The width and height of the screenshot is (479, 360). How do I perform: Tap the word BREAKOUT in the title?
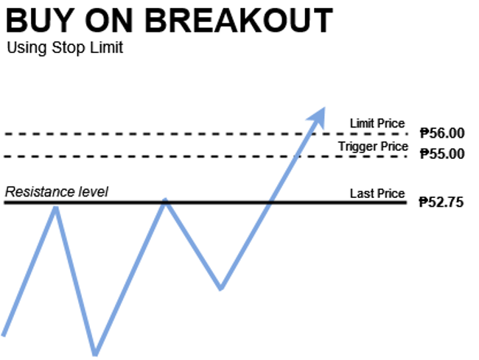(239, 21)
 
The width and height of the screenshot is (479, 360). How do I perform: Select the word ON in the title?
(109, 21)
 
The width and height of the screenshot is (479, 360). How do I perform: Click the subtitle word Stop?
(69, 48)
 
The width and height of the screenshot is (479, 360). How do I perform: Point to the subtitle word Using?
(27, 49)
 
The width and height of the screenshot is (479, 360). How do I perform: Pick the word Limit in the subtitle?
(106, 48)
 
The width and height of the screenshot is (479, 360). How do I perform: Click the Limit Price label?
(377, 124)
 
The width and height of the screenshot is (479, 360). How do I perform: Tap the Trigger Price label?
(373, 147)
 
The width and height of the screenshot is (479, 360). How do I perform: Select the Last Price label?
(377, 194)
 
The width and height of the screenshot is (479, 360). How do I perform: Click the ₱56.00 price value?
(442, 133)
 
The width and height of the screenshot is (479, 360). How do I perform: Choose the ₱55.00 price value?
(442, 154)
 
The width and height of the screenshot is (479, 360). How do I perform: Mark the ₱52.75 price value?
(441, 202)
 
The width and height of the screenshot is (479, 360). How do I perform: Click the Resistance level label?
(57, 192)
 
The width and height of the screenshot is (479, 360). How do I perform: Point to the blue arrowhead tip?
(324, 107)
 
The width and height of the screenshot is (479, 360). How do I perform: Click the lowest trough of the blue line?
(95, 355)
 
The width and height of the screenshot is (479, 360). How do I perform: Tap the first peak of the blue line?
(56, 208)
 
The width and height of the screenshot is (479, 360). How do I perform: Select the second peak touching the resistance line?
(165, 200)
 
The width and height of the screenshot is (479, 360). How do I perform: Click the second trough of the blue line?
(221, 289)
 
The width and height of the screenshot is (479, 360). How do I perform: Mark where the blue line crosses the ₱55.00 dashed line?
(297, 157)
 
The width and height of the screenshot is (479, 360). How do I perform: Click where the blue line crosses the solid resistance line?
(269, 202)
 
